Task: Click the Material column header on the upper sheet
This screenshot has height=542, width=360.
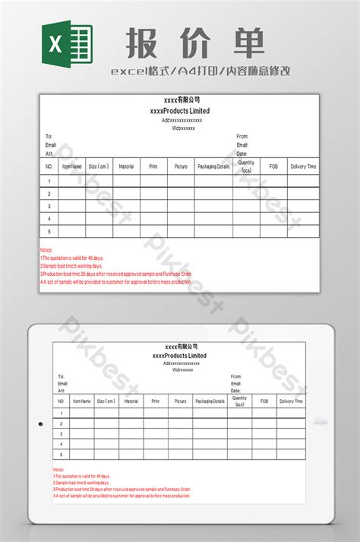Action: pos(126,166)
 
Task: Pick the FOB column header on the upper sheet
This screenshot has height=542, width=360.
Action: pos(273,166)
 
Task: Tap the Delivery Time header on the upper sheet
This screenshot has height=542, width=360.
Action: pos(303,166)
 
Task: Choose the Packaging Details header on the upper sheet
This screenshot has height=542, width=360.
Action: pos(213,166)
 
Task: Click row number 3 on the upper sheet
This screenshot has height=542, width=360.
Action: pos(49,206)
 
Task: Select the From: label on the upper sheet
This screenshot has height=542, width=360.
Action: pos(242,137)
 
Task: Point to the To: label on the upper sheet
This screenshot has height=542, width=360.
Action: pos(49,137)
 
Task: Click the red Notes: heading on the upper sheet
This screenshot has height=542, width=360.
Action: pos(46,249)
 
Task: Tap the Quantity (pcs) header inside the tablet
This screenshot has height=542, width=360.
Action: pos(239,401)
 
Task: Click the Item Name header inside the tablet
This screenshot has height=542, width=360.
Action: pos(82,401)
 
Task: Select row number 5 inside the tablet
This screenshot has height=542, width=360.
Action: pos(62,454)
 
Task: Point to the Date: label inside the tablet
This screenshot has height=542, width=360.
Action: pos(235,390)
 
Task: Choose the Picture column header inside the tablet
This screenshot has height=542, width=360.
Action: pos(179,401)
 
